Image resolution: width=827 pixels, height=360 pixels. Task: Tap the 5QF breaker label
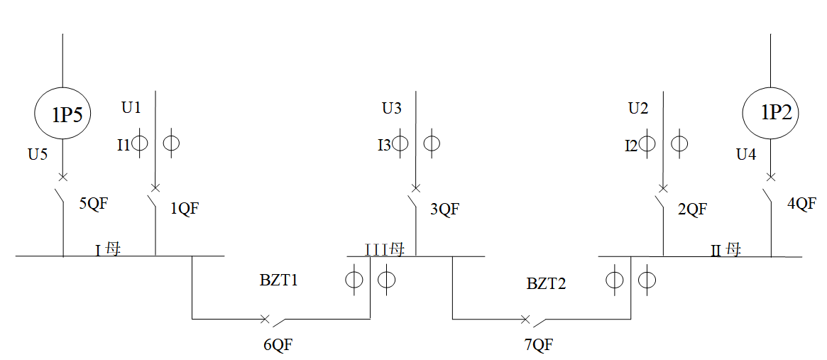click(94, 204)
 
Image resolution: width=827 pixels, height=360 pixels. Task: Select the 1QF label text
click(185, 209)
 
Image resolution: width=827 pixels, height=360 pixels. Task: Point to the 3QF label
click(444, 209)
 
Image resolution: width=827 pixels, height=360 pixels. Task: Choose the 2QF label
click(692, 209)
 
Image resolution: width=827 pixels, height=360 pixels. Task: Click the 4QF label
click(801, 203)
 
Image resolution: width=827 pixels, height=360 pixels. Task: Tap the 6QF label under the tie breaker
click(278, 345)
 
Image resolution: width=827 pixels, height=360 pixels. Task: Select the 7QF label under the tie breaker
click(539, 345)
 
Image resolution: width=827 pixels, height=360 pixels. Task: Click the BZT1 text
click(278, 280)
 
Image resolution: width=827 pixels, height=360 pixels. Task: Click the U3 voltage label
click(391, 109)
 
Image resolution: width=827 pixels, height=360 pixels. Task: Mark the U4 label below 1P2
click(746, 155)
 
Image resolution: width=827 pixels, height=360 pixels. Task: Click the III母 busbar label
click(385, 249)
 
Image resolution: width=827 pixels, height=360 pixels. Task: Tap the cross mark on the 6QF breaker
click(265, 319)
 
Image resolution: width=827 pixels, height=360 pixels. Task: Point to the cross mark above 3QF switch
click(415, 188)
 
